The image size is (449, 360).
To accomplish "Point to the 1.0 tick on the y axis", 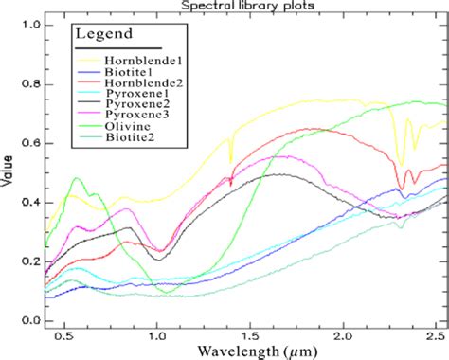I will click(31, 22).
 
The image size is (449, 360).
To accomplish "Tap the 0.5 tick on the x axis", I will click(64, 334).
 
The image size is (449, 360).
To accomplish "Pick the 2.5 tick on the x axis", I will click(435, 334).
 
